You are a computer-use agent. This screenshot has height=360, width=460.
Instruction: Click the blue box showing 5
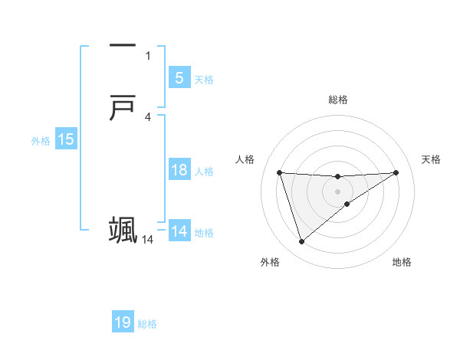pos(179,77)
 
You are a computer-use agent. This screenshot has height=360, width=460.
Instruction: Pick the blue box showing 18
pos(179,170)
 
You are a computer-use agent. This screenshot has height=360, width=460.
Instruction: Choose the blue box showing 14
pos(179,231)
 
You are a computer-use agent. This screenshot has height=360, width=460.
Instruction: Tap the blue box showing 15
pos(65,139)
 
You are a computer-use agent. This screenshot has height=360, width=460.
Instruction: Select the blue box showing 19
pos(123,322)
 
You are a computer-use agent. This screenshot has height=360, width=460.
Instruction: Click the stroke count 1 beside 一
pos(148,55)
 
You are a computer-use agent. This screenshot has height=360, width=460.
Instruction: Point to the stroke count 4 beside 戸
pos(148,117)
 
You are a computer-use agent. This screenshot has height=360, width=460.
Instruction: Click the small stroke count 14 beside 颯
pos(147,240)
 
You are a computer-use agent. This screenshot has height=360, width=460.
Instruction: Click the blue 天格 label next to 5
pos(204,79)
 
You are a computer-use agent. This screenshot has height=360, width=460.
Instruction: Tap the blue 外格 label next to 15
pos(41,141)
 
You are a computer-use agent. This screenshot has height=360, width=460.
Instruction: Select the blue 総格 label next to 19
pos(147,324)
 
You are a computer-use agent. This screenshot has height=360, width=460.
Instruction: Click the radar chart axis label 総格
pos(338,100)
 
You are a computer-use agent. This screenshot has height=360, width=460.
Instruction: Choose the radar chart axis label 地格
pos(402,263)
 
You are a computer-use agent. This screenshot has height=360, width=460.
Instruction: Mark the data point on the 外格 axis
pos(301,242)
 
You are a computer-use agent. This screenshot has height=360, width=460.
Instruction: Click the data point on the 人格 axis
pos(279,172)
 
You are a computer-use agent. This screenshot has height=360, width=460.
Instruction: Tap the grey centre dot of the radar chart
pos(338,191)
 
